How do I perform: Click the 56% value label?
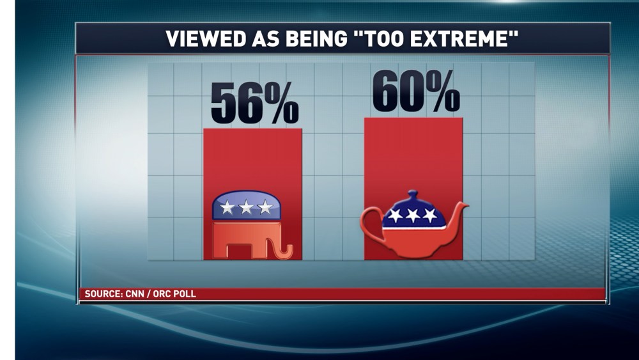(x=254, y=103)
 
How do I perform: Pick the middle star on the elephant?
(x=246, y=207)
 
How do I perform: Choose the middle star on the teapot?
(x=413, y=215)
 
